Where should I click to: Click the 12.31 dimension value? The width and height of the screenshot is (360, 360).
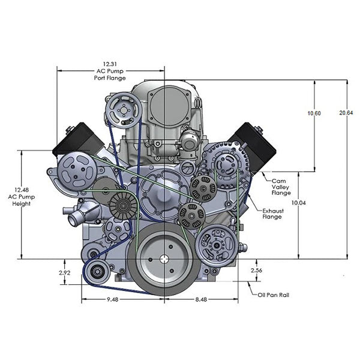pyautogui.click(x=109, y=63)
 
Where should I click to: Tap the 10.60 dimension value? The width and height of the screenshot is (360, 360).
pyautogui.click(x=314, y=113)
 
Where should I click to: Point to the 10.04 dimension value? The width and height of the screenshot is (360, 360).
pyautogui.click(x=298, y=203)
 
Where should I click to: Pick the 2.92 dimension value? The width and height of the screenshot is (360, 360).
pyautogui.click(x=64, y=273)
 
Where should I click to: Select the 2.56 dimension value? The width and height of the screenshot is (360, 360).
pyautogui.click(x=257, y=271)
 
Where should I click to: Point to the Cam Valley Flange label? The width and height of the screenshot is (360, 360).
pyautogui.click(x=282, y=185)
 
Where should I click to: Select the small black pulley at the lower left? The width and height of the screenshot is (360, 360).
pyautogui.click(x=95, y=275)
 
